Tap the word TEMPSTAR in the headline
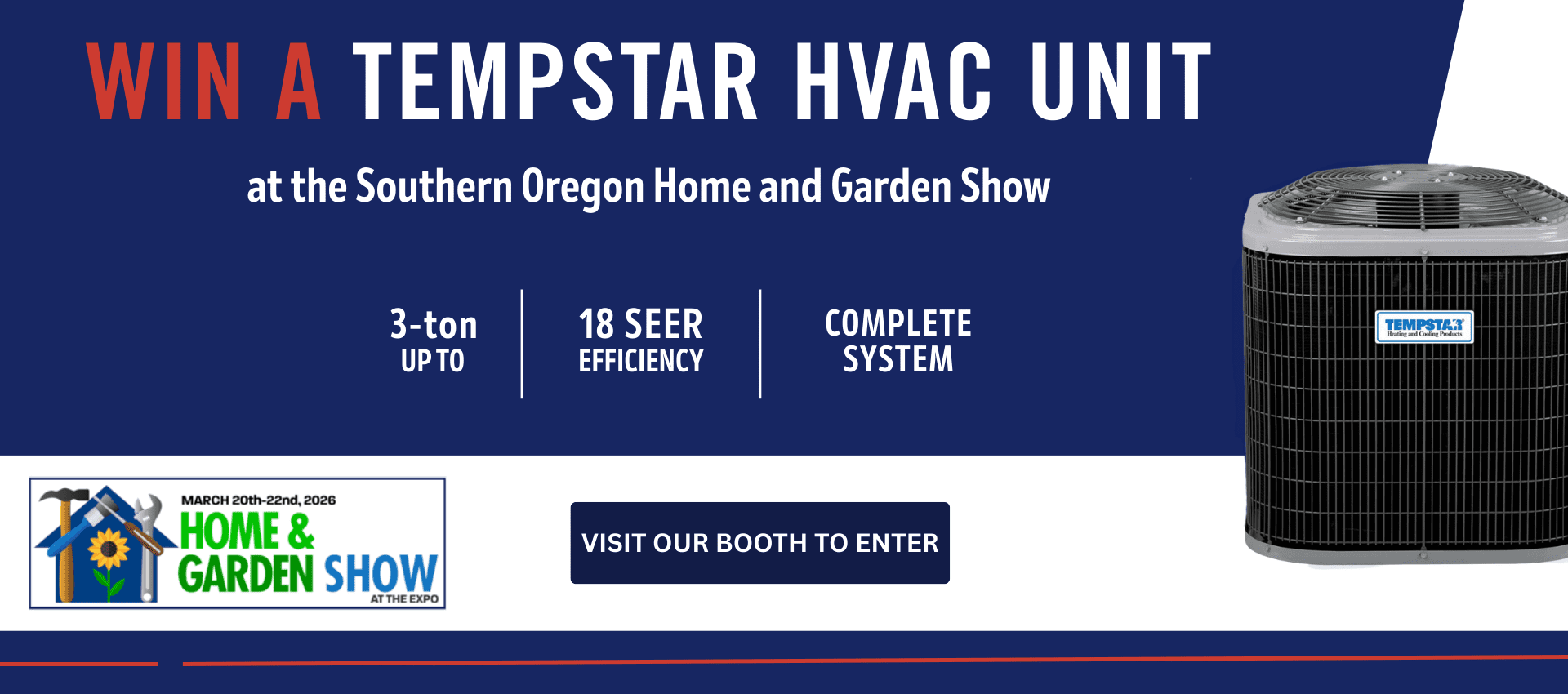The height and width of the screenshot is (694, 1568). coord(555,82)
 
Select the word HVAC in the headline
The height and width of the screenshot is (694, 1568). coord(893,82)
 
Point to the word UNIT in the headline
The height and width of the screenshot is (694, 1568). coord(1120,82)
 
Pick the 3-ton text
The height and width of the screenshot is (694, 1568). coord(433,325)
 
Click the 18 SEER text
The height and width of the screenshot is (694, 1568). coord(640,325)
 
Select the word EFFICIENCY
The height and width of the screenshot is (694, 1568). coord(640,361)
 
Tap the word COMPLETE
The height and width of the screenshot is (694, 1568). coord(898,323)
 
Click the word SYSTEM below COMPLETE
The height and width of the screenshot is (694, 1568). coord(898,359)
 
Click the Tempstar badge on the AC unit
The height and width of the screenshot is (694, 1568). coord(1423,327)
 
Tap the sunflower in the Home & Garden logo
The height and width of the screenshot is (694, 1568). coord(109,549)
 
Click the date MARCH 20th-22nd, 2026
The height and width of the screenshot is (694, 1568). coord(258,500)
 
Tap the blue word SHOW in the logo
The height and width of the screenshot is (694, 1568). coord(381,573)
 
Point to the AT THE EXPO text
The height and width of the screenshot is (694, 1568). coord(404,599)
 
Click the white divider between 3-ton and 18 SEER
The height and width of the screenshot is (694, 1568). coord(522,343)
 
